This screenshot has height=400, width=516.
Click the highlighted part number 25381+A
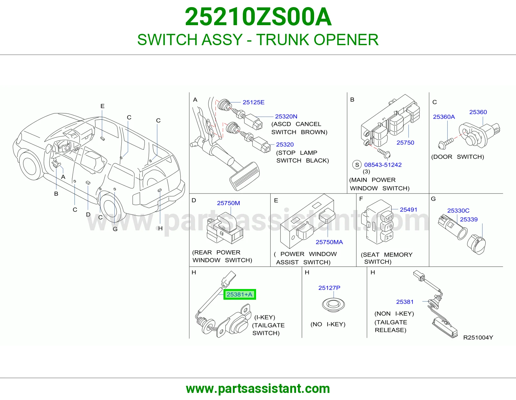click(239, 294)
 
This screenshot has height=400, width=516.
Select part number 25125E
click(253, 102)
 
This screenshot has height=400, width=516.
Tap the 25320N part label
click(286, 116)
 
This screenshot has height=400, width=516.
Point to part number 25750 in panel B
click(405, 143)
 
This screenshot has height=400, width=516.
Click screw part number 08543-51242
click(383, 165)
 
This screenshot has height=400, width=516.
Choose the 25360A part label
click(444, 117)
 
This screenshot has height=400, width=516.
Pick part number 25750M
click(228, 203)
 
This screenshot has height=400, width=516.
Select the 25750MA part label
click(329, 242)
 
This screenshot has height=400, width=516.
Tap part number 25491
click(408, 209)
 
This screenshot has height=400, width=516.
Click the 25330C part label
click(458, 210)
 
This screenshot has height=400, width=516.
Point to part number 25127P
click(329, 288)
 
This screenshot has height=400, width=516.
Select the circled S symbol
click(357, 165)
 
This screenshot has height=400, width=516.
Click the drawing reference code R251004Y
click(478, 337)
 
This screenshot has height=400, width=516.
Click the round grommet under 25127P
click(333, 305)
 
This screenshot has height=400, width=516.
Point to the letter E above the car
click(102, 106)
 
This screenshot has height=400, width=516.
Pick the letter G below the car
click(115, 229)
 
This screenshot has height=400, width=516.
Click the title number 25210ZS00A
click(258, 17)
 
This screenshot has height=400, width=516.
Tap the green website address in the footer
click(258, 389)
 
